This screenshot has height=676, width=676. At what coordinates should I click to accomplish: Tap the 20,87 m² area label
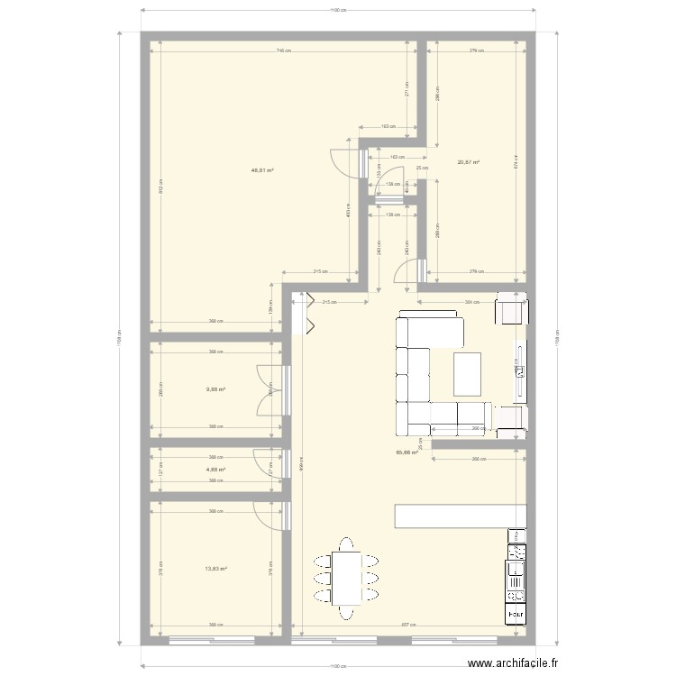coord(468,162)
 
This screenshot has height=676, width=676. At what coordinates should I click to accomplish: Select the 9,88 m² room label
coord(215,389)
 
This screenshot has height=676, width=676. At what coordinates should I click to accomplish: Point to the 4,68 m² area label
coord(215,469)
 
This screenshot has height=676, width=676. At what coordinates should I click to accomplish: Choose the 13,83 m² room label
coord(215,568)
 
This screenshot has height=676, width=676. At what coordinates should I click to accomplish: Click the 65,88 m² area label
coord(407,452)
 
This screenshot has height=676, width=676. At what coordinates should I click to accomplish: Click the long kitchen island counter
coord(460,516)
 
